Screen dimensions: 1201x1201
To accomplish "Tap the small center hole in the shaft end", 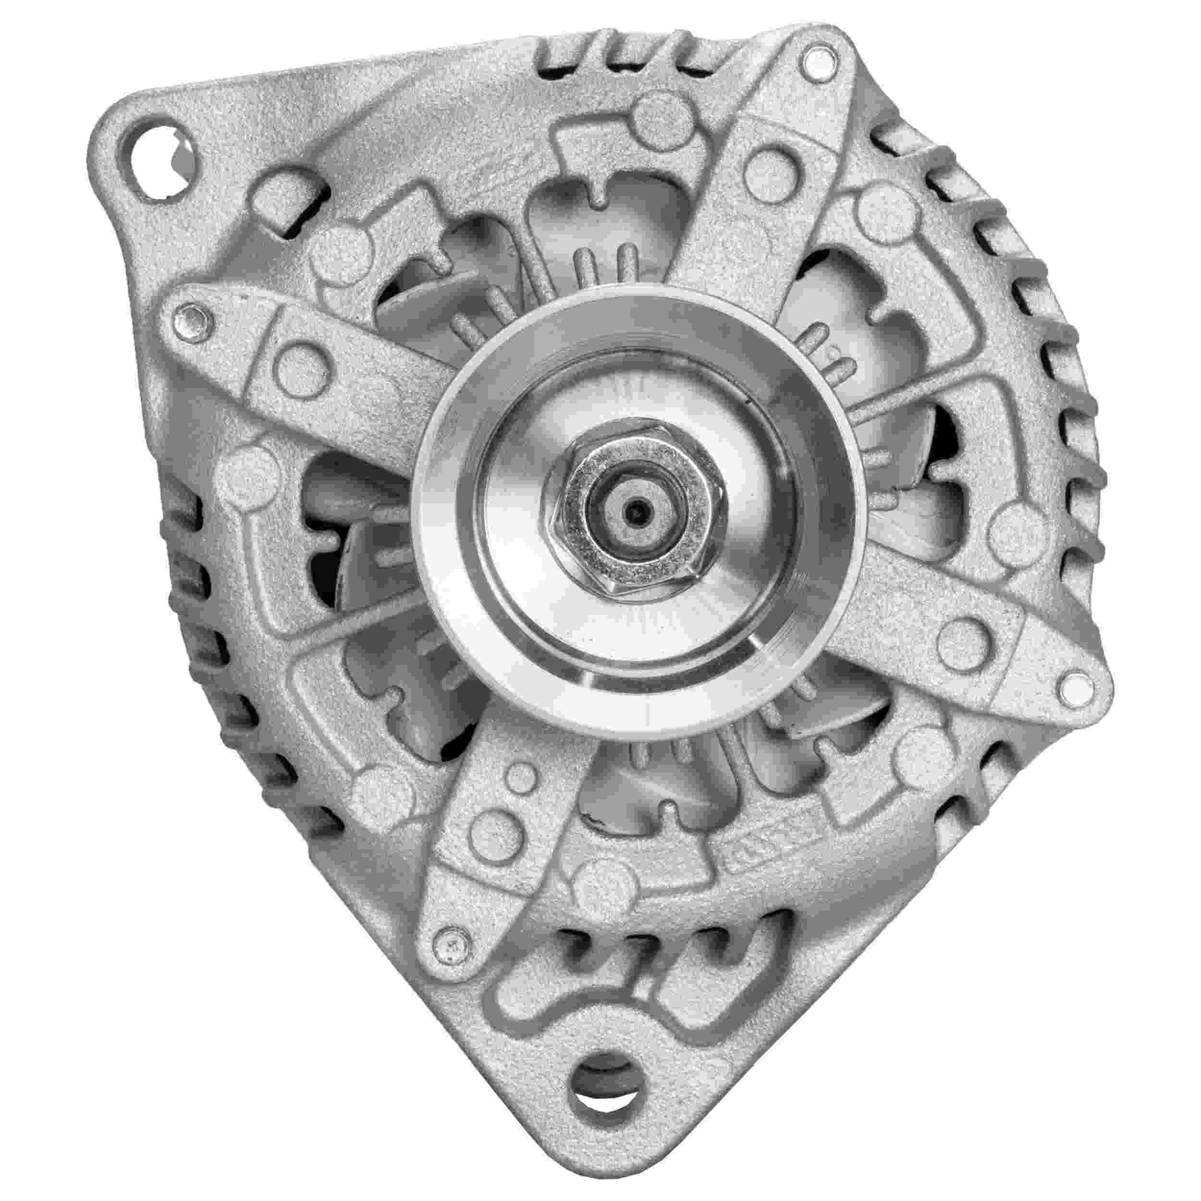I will [x=635, y=514].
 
